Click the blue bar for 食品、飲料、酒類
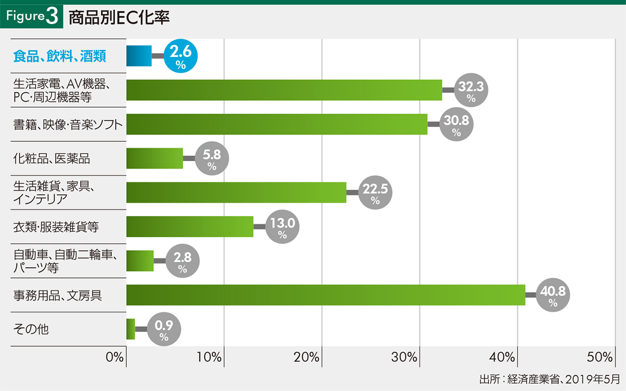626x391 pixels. coord(139,56)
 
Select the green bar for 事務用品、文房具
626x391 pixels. coord(326,295)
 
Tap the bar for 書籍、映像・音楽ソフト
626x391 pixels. coord(276,124)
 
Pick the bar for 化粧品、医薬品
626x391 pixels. coord(154,158)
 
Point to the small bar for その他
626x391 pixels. coord(130,329)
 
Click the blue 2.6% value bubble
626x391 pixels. coord(180,56)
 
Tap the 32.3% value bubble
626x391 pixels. coord(472,90)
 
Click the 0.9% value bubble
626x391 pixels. coord(164,329)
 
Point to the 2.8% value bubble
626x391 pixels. coord(183,261)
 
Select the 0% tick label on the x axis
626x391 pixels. coord(114,358)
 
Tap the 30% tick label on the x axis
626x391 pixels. coord(405,358)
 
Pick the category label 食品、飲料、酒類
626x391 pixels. coord(59,56)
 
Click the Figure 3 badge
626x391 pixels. coord(32,16)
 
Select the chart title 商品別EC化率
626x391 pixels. coord(119,17)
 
